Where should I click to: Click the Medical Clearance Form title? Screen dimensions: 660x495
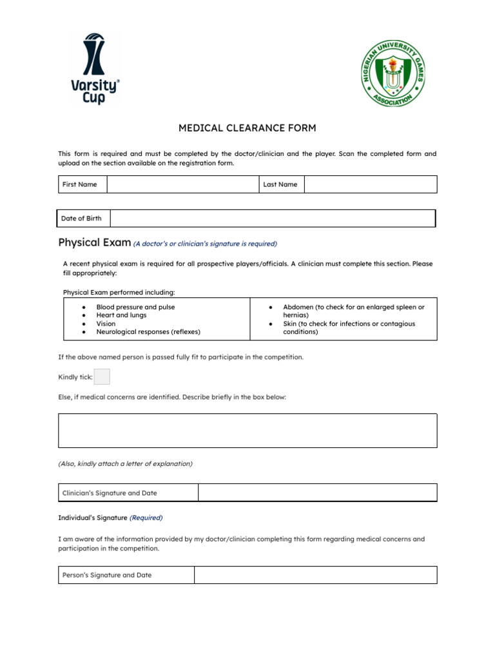[x=247, y=128]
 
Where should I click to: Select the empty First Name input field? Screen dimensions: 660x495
[x=182, y=184]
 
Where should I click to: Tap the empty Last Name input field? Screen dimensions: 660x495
[x=370, y=184]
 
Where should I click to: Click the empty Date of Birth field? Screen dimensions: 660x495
[x=272, y=218]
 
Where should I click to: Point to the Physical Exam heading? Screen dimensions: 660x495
[x=94, y=243]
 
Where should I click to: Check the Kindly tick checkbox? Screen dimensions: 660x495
[x=102, y=377]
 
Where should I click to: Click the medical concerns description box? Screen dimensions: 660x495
[x=247, y=431]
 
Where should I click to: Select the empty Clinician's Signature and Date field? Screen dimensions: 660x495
[x=317, y=493]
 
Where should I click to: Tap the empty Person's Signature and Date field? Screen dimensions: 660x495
[x=315, y=575]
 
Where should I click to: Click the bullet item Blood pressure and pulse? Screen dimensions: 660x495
[x=135, y=307]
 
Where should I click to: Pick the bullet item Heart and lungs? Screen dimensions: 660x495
[x=121, y=315]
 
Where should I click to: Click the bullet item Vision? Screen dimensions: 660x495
[x=106, y=324]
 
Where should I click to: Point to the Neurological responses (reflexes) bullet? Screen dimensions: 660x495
[x=148, y=332]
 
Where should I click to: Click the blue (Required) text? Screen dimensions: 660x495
[x=146, y=518]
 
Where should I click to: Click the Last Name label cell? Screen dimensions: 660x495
[x=281, y=184]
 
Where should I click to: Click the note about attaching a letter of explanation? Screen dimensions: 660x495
[x=125, y=463]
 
